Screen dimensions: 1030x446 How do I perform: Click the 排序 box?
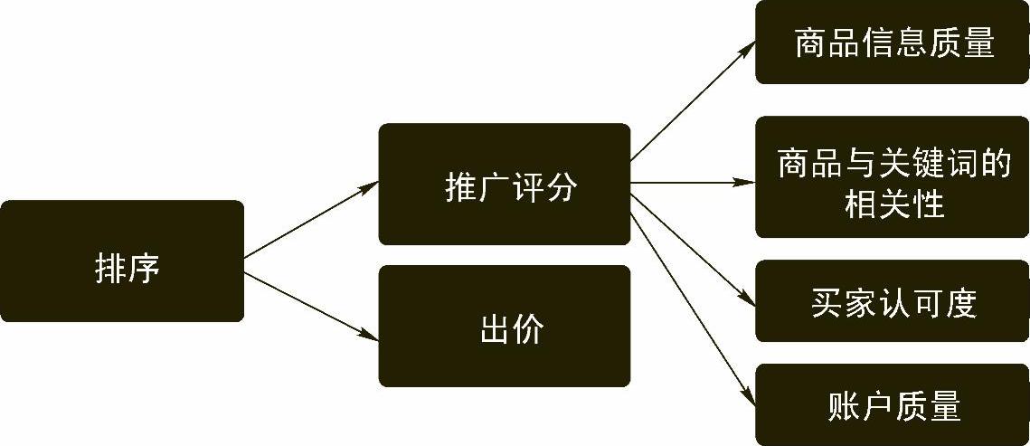[121, 261]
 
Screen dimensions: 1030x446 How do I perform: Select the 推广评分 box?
[504, 184]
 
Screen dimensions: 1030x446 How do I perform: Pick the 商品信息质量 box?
[893, 43]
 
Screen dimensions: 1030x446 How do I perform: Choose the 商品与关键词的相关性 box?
[893, 177]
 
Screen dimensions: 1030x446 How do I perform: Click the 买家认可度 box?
[893, 301]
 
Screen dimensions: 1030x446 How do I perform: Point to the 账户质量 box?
[893, 404]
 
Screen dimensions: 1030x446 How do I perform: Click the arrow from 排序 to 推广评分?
[311, 220]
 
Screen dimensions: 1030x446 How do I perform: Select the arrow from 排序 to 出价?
[311, 306]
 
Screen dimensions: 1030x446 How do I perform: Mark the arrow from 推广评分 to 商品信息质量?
[693, 102]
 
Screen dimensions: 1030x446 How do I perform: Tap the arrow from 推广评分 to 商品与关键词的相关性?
[693, 183]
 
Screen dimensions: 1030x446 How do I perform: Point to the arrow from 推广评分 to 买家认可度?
[693, 245]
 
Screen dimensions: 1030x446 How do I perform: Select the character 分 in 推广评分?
[561, 187]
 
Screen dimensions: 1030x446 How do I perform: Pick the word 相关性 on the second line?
[893, 204]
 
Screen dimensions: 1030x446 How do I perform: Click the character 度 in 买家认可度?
[960, 303]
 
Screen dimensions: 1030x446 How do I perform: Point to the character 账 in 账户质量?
[844, 406]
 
